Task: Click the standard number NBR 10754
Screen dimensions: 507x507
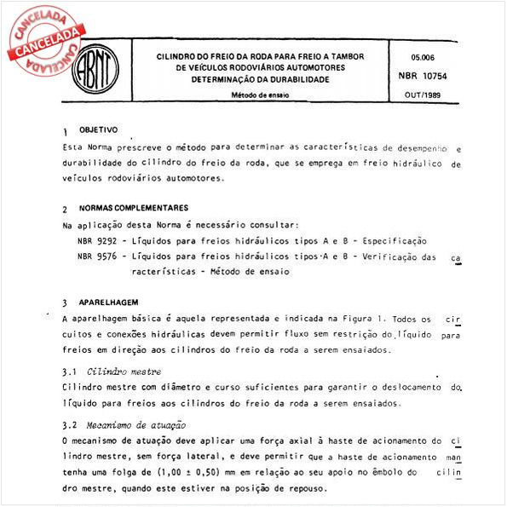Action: (x=423, y=77)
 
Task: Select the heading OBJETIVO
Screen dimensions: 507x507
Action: (x=99, y=130)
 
